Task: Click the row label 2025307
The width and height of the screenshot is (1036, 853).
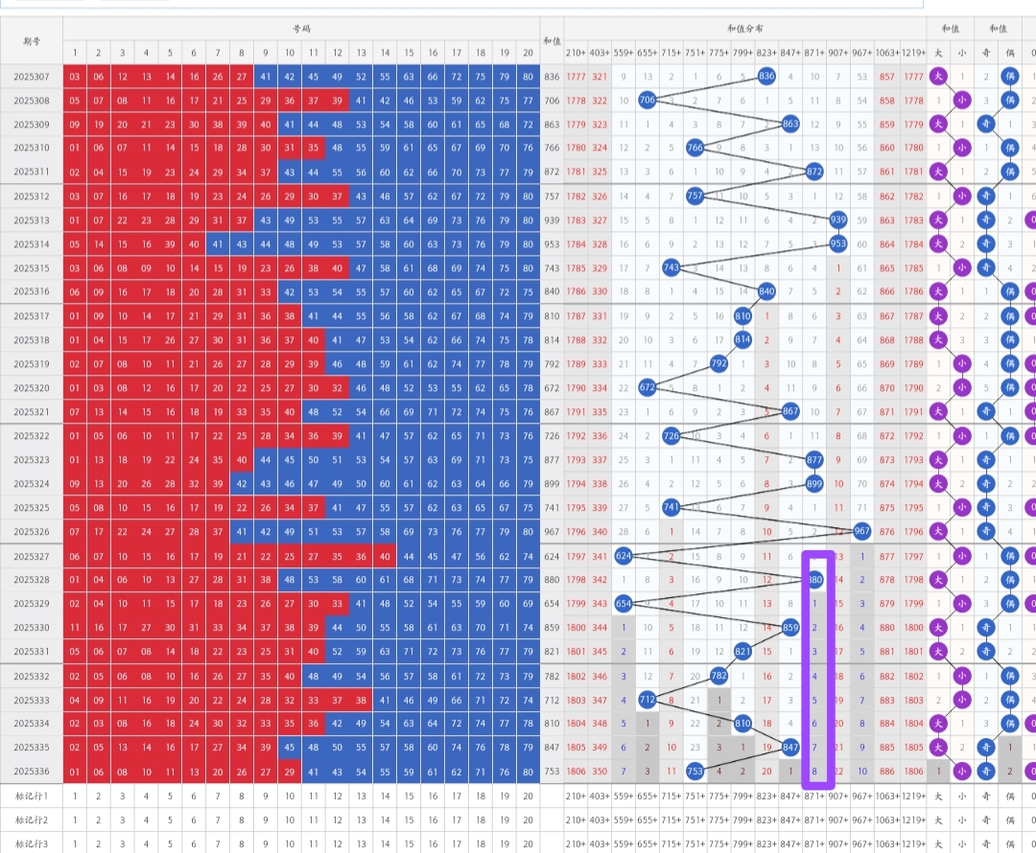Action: tap(32, 77)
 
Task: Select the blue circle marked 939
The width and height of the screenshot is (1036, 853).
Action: tap(838, 220)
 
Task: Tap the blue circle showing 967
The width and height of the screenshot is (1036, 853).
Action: tap(861, 531)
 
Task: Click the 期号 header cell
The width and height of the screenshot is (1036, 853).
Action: tap(32, 41)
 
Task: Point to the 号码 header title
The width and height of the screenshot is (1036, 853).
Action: tap(301, 29)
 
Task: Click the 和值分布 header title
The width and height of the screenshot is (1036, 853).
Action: tap(744, 29)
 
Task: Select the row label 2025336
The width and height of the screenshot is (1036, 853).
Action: tap(32, 771)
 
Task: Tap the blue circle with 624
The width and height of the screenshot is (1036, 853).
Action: tap(624, 555)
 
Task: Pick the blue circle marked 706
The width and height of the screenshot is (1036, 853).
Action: tap(647, 100)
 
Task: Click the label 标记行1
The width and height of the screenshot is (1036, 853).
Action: tap(32, 795)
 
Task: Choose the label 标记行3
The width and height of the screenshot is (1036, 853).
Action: tap(32, 842)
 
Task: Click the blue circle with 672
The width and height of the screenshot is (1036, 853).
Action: tap(647, 387)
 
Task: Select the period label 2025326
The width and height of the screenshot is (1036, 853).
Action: tap(32, 531)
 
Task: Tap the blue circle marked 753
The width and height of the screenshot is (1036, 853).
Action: tap(695, 771)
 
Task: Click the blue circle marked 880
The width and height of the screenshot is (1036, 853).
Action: tap(814, 579)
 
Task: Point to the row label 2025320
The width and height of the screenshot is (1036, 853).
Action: tap(32, 387)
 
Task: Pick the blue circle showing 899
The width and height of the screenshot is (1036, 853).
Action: tap(814, 483)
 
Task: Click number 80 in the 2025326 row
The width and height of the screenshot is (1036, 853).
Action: tap(529, 531)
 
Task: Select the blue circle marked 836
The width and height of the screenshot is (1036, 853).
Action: tap(766, 76)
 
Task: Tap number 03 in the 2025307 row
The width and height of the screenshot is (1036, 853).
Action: tap(74, 77)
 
